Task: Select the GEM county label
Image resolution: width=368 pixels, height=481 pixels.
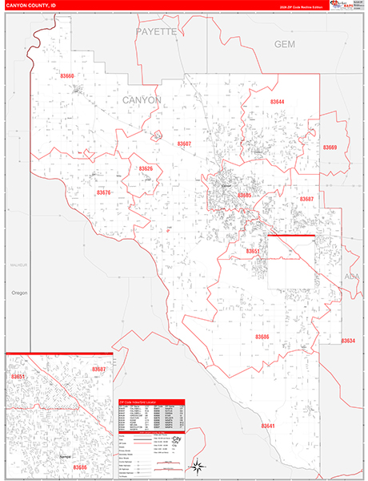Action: tap(285, 44)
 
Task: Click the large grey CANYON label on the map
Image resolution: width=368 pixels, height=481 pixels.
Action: tap(142, 99)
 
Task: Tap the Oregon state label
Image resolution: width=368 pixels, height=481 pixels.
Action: tap(20, 293)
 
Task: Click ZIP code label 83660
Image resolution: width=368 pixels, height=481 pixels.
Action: tap(67, 76)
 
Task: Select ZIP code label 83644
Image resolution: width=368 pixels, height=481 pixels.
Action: tap(277, 102)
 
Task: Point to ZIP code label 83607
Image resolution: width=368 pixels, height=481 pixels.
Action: tap(184, 143)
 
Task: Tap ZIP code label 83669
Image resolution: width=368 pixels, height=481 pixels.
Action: tap(330, 148)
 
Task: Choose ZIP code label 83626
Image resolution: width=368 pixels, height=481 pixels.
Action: tap(145, 168)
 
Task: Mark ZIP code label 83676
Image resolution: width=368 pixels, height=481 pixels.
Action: tap(103, 192)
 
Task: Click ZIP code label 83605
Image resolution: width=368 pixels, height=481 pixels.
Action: tap(243, 195)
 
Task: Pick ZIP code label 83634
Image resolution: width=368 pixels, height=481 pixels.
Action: tap(347, 341)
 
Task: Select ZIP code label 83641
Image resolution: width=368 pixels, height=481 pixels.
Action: tap(268, 426)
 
